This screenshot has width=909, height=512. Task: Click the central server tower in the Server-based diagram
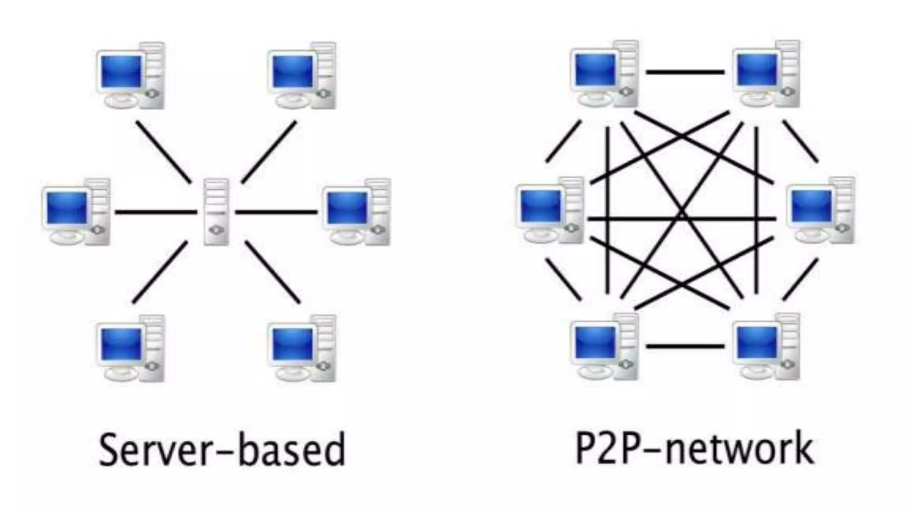(x=216, y=212)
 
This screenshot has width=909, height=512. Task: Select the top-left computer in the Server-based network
(x=130, y=76)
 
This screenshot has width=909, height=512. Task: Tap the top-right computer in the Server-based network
(x=302, y=76)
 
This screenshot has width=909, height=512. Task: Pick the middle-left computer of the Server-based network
(x=75, y=212)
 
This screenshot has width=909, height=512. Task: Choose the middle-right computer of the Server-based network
(x=356, y=212)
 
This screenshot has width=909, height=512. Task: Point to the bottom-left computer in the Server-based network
(x=130, y=348)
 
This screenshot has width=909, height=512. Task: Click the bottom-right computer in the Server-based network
(x=302, y=348)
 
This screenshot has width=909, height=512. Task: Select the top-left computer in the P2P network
(x=604, y=74)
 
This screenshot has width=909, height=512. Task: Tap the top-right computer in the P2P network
(x=766, y=74)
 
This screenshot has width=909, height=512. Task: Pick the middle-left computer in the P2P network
(x=549, y=210)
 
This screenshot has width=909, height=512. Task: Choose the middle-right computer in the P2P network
(x=820, y=210)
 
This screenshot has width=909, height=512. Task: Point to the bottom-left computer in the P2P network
(x=604, y=346)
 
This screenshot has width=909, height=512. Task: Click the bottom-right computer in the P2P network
(x=766, y=346)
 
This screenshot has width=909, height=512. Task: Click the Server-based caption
(x=222, y=449)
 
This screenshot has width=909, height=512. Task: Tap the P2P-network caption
(x=695, y=448)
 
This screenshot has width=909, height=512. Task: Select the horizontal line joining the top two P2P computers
(x=685, y=72)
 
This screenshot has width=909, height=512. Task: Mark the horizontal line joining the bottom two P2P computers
(x=685, y=346)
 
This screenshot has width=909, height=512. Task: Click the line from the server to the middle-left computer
(x=156, y=212)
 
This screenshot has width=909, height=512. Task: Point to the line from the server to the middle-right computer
(x=276, y=212)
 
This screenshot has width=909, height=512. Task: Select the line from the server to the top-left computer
(x=163, y=152)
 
